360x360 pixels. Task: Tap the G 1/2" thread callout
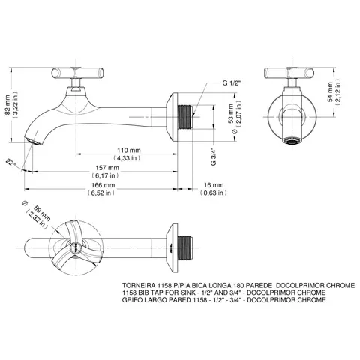point(232,83)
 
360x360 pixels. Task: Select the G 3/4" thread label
point(213,157)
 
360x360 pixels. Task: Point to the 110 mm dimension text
point(129,151)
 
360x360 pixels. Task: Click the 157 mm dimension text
point(107,168)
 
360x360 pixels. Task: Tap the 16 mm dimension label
point(214,185)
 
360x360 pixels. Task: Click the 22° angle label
point(11,163)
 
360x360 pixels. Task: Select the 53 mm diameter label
point(231,114)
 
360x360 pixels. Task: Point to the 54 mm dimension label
point(330,91)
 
